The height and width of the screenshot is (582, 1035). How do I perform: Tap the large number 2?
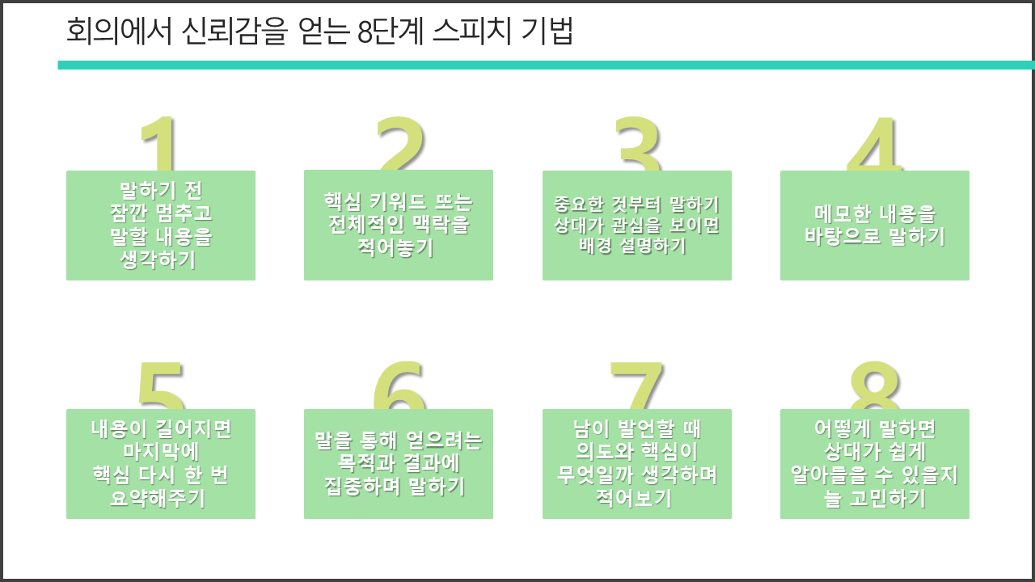coord(400,143)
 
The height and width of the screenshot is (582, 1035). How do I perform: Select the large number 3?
coord(638,144)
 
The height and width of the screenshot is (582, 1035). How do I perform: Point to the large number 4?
coord(875,144)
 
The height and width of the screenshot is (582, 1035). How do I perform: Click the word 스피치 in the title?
coord(471,32)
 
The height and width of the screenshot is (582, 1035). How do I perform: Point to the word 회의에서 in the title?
coord(119,32)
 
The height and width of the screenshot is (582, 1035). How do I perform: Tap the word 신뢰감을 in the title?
coord(234,32)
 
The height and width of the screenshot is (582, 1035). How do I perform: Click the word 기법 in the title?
coord(547,32)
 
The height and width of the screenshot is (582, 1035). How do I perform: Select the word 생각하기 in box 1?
coord(158,259)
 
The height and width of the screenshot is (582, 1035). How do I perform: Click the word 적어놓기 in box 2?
coord(395,248)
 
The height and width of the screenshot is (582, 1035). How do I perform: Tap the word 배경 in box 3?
coord(595,245)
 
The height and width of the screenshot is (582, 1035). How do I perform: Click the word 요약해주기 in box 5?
coord(158,498)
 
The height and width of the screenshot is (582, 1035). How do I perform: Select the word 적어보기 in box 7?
coord(633,498)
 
